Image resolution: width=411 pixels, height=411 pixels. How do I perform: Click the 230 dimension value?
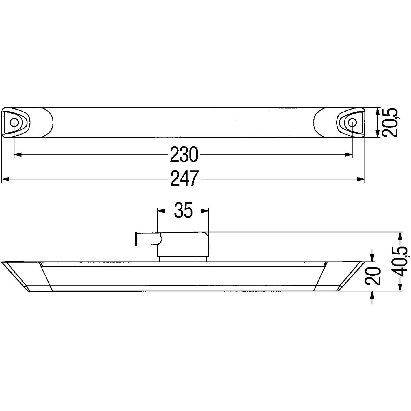coord(184,155)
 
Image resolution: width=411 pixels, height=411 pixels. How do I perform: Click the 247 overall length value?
coord(184,179)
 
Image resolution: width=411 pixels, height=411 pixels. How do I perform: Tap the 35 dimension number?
coord(183,210)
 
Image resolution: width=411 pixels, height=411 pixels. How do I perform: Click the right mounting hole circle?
coord(352,123)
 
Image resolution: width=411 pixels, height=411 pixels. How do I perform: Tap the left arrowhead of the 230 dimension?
coord(18,155)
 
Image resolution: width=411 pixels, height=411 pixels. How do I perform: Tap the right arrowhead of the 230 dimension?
coord(348,155)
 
